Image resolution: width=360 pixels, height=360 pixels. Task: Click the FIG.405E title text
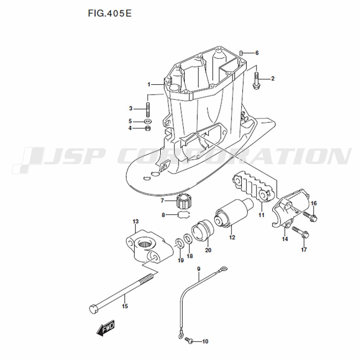click(x=110, y=13)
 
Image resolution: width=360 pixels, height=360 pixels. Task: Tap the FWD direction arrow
click(x=105, y=328)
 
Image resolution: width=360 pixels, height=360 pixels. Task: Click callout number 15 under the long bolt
click(x=125, y=306)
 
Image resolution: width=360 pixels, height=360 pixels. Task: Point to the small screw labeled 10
click(x=189, y=341)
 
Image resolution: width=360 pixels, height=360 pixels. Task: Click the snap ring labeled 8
click(x=185, y=215)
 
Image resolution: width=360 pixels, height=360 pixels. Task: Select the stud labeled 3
click(x=148, y=110)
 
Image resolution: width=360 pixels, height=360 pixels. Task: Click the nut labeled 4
click(x=148, y=128)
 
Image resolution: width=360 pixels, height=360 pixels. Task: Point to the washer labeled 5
click(x=148, y=121)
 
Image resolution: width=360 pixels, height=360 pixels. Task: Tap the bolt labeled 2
click(x=256, y=80)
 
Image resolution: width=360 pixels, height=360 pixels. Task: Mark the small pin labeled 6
click(x=241, y=53)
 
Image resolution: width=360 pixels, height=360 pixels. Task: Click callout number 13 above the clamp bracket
click(x=136, y=221)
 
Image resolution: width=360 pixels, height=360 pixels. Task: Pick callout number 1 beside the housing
click(x=149, y=85)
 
